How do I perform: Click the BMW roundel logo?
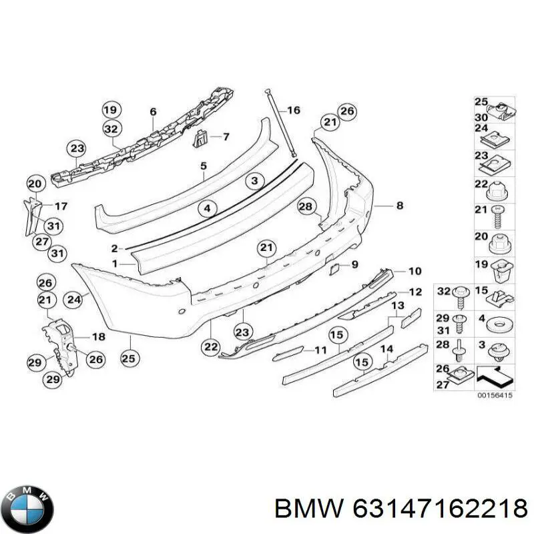point(29,509)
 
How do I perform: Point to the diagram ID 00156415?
point(495,395)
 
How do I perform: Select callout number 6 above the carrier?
point(153,111)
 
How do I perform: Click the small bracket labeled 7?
point(200,140)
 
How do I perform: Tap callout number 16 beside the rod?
point(293,110)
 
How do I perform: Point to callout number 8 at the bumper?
point(400,206)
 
